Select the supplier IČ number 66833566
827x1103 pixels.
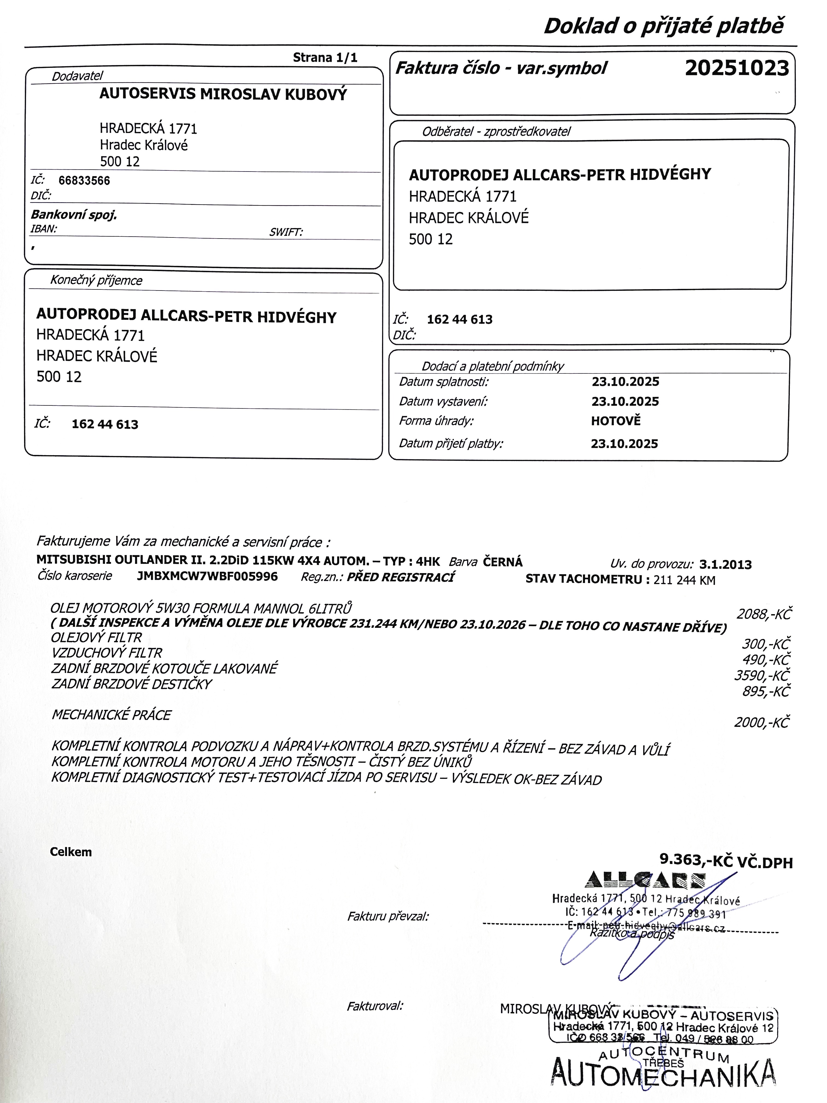click(x=84, y=181)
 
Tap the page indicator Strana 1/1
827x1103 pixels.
click(x=325, y=57)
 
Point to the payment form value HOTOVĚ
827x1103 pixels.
click(x=616, y=421)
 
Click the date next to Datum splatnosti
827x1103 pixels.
click(x=625, y=382)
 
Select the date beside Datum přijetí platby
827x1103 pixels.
click(x=624, y=444)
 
